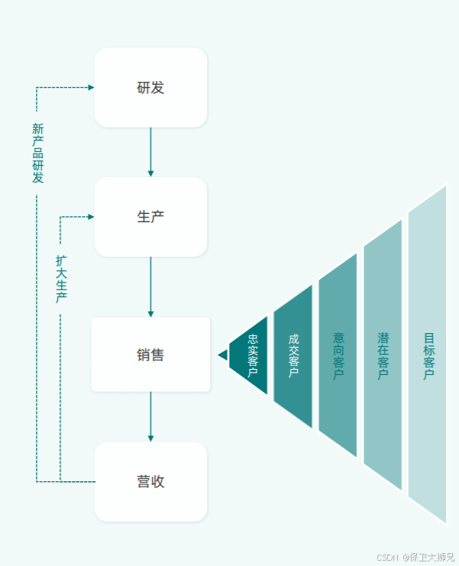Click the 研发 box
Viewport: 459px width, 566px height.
point(150,87)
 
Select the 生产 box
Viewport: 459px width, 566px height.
point(150,217)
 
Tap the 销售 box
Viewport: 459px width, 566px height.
point(150,354)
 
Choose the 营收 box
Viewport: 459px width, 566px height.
point(150,482)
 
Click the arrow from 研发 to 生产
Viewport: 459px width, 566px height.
point(150,152)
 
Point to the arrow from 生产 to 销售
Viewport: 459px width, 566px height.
point(150,286)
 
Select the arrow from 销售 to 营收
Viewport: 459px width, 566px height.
point(150,417)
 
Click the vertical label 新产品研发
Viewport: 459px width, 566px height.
point(37,153)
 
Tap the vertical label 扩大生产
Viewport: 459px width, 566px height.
point(61,279)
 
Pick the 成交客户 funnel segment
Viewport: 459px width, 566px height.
point(293,356)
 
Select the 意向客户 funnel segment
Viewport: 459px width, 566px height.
point(338,355)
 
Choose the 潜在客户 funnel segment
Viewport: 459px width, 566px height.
point(383,355)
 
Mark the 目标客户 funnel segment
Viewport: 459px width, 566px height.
point(428,355)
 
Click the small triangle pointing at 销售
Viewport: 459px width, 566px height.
point(222,355)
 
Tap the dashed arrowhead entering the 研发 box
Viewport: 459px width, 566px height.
point(91,88)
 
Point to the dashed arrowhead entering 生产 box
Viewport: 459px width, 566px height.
point(91,217)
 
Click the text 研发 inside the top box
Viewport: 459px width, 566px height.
point(150,87)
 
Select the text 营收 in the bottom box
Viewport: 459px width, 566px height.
point(150,482)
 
